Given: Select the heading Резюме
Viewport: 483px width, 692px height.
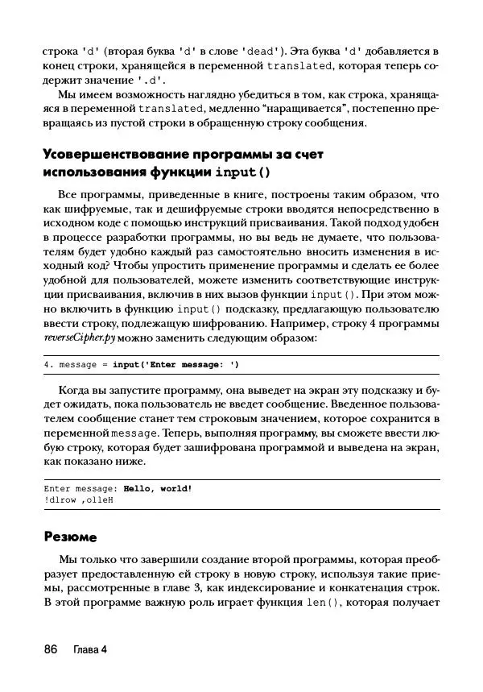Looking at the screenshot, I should click(70, 536).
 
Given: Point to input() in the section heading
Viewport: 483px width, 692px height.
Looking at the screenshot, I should click(242, 172).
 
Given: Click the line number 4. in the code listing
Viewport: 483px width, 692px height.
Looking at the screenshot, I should click(48, 365).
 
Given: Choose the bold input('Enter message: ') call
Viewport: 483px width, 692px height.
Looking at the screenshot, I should click(175, 365).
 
